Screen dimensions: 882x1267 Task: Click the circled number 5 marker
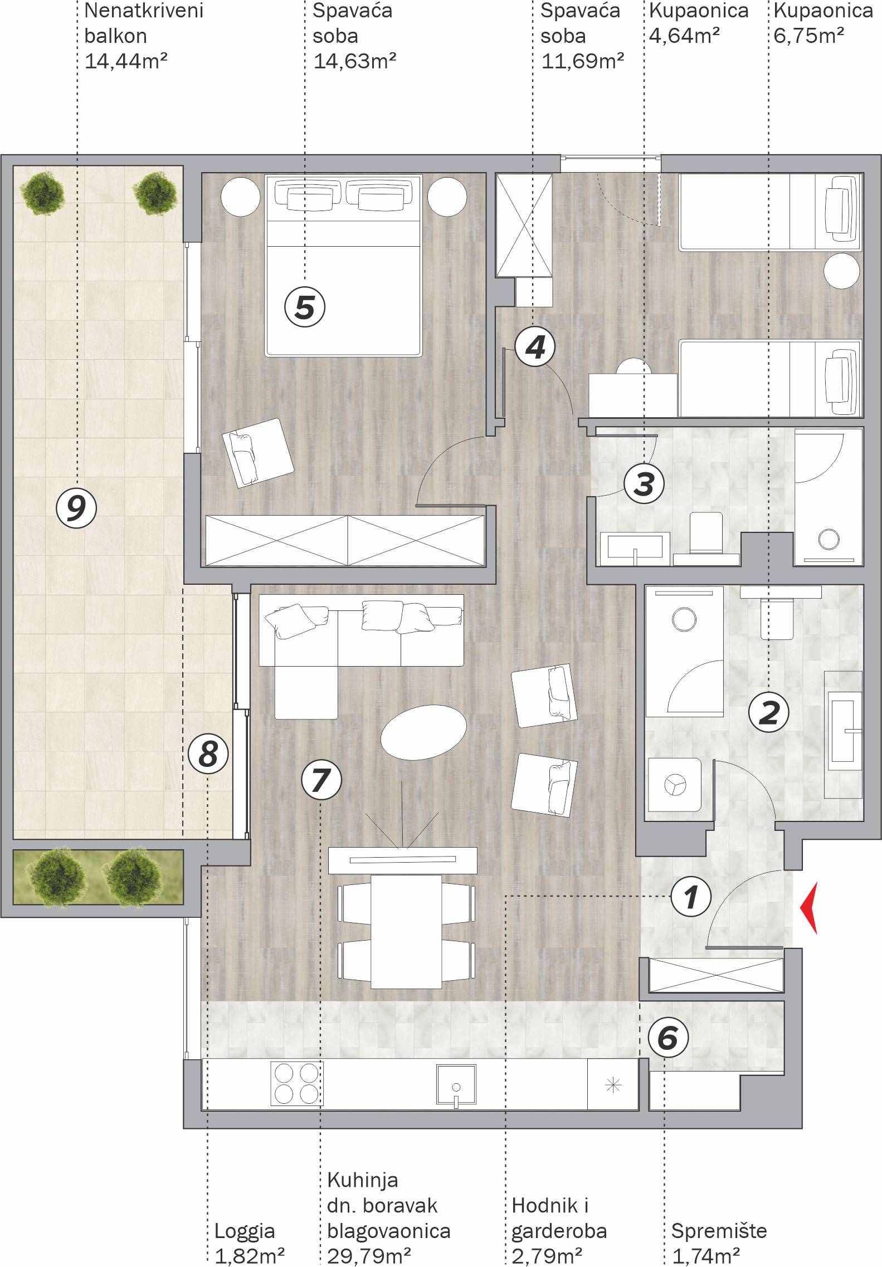coord(305,306)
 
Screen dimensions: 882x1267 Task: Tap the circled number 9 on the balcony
coord(76,507)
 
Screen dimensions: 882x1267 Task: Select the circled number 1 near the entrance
coord(691,896)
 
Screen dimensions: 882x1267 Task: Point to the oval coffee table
coord(423,732)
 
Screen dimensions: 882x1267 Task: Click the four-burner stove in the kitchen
coord(297,1083)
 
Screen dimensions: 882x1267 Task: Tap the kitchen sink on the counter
coord(456,1084)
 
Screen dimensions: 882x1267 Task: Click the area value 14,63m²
coord(355,61)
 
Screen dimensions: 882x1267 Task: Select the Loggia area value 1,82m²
coord(250,1256)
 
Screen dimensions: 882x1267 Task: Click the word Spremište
coord(719,1231)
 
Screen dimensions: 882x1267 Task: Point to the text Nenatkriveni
coord(143,11)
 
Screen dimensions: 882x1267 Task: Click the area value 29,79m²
coord(369,1256)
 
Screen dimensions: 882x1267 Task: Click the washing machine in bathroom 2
coord(675,784)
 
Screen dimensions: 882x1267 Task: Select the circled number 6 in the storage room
coord(668,1038)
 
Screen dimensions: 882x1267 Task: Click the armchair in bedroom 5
coord(257,453)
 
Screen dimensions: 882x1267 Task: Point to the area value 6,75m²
coord(808,36)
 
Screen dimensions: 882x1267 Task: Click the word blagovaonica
coord(388,1231)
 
